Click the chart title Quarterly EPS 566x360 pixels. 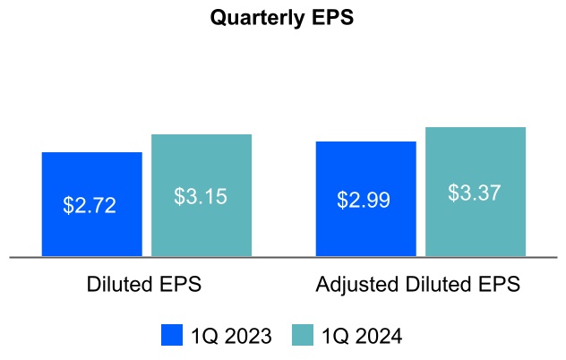tap(282, 18)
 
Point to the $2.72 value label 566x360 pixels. tap(90, 204)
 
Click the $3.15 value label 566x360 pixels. tap(201, 195)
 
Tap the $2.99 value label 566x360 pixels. tap(364, 200)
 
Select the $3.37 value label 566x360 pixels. tap(475, 193)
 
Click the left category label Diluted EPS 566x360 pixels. tap(144, 285)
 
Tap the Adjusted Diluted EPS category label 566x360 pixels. tap(418, 285)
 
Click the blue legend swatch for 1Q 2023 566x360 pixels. tap(172, 335)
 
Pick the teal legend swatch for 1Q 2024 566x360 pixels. tap(304, 335)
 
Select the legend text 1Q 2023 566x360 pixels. tap(231, 336)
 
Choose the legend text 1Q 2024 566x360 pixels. tap(363, 336)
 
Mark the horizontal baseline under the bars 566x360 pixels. tap(283, 258)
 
